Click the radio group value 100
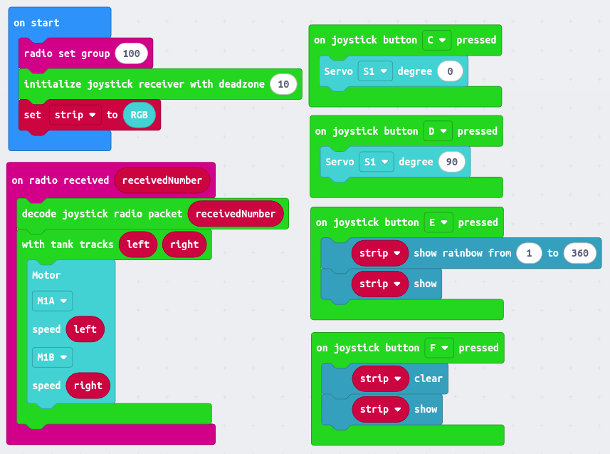[x=131, y=53]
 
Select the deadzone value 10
[x=283, y=84]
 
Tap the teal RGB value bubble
[x=139, y=115]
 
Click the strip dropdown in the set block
[x=75, y=115]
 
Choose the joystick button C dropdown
[x=436, y=40]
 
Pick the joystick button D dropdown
[x=438, y=131]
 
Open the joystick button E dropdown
[x=438, y=222]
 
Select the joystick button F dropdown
[x=439, y=348]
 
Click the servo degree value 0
[x=450, y=71]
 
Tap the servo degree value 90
[x=452, y=162]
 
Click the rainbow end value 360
[x=579, y=253]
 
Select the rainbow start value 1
[x=529, y=253]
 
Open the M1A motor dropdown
[x=52, y=301]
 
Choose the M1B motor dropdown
[x=52, y=357]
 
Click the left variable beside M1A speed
[x=85, y=329]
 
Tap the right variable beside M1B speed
[x=88, y=386]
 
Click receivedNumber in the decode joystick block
[x=236, y=214]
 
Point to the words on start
[x=36, y=23]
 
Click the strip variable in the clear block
[x=380, y=378]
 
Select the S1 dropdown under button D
[x=377, y=162]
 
